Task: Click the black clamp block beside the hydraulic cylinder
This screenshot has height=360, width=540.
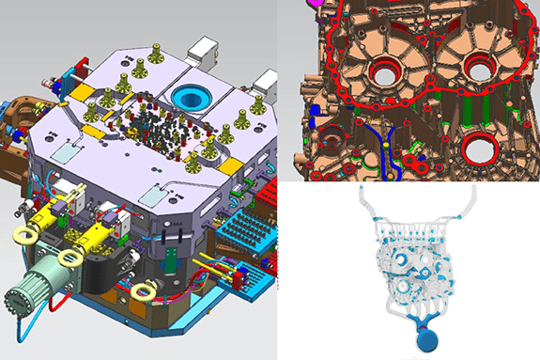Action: [x=98, y=273]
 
